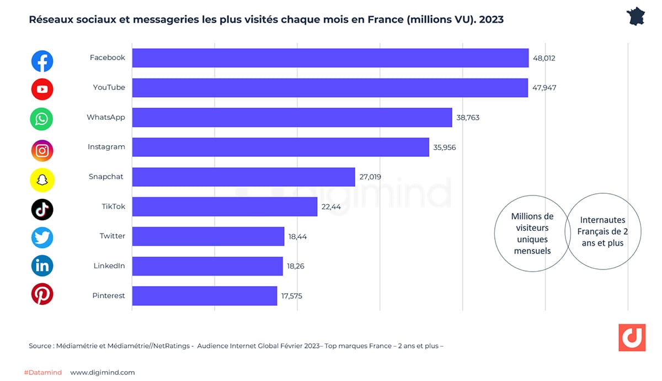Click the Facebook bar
pyautogui.click(x=330, y=58)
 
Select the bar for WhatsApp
pyautogui.click(x=292, y=118)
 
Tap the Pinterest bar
pyautogui.click(x=204, y=296)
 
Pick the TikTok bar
pyautogui.click(x=225, y=207)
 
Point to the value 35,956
pyautogui.click(x=445, y=147)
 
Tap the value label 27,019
pyautogui.click(x=370, y=177)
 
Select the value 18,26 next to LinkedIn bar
pyautogui.click(x=295, y=266)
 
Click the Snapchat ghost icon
pyautogui.click(x=42, y=179)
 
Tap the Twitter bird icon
pyautogui.click(x=42, y=238)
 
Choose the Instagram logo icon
pyautogui.click(x=42, y=150)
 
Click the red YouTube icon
pyautogui.click(x=42, y=89)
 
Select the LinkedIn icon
pyautogui.click(x=42, y=266)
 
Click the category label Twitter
pyautogui.click(x=112, y=236)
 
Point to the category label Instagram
pyautogui.click(x=106, y=147)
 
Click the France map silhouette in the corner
pyautogui.click(x=636, y=17)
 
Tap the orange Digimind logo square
pyautogui.click(x=632, y=337)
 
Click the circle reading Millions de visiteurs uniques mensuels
pyautogui.click(x=532, y=234)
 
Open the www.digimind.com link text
pyautogui.click(x=103, y=373)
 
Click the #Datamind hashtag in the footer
pyautogui.click(x=43, y=373)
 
